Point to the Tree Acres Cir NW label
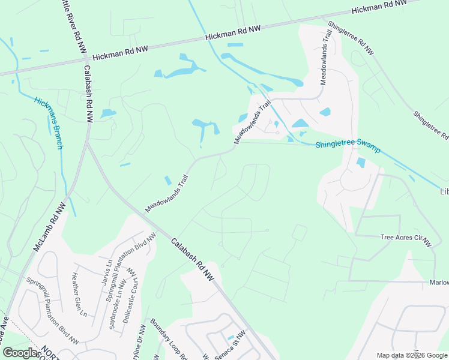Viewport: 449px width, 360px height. click(406, 239)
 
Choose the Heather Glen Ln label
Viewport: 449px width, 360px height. click(79, 295)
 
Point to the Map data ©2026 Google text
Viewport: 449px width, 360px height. click(412, 355)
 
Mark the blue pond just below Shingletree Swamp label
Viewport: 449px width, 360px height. click(361, 162)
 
